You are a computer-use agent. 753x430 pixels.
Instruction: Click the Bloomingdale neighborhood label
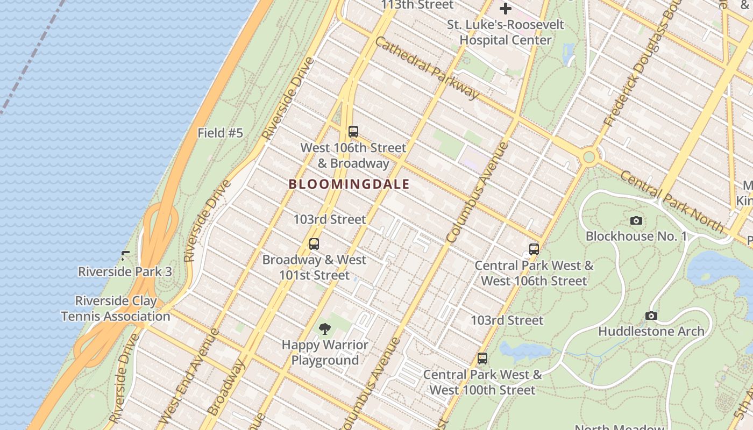[x=349, y=184]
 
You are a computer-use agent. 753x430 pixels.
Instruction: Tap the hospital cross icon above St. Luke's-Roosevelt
[x=506, y=9]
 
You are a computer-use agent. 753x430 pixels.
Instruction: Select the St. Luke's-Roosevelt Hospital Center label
[x=506, y=32]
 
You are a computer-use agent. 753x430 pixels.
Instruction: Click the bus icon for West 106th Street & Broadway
[x=353, y=131]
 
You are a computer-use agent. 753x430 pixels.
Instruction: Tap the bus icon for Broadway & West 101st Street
[x=314, y=244]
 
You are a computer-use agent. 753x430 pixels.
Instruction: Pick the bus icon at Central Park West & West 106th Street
[x=534, y=249]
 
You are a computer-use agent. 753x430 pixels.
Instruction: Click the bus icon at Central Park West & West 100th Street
[x=482, y=359]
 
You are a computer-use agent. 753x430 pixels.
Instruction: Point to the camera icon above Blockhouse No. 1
[x=636, y=221]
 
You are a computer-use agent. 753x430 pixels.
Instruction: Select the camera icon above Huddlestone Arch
[x=651, y=316]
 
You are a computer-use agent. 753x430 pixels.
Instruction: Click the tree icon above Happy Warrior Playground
[x=324, y=329]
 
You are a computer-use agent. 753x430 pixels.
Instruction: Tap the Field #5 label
[x=220, y=133]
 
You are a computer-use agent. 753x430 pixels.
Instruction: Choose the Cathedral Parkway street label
[x=426, y=68]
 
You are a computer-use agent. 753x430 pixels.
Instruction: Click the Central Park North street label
[x=671, y=202]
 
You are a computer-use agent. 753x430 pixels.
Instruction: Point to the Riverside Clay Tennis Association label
[x=116, y=309]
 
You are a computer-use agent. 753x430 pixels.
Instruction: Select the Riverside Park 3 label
[x=125, y=271]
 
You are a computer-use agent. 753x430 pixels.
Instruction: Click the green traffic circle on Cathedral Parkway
[x=589, y=157]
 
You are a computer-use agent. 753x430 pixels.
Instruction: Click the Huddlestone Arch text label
[x=651, y=331]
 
